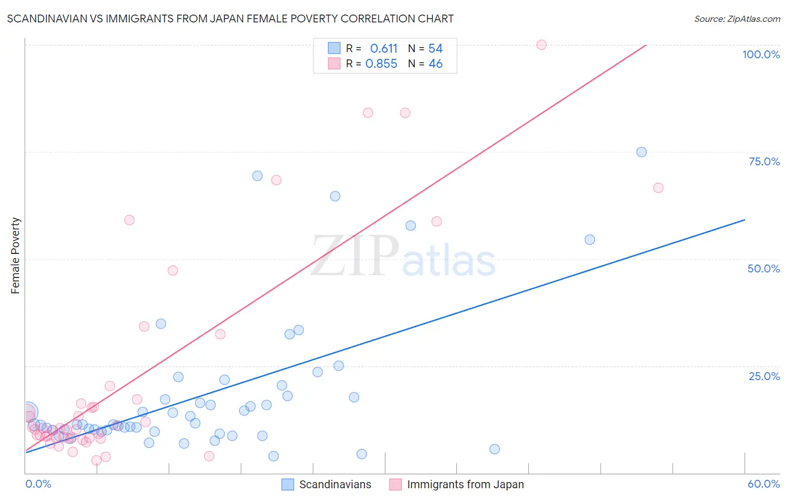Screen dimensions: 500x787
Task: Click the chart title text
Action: click(x=230, y=18)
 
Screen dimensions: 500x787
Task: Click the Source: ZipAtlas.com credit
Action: click(x=737, y=18)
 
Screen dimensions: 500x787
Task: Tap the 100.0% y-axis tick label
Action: click(x=761, y=54)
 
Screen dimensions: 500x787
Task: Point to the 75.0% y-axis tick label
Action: click(x=764, y=161)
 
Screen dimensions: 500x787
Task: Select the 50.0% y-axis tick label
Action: click(x=763, y=268)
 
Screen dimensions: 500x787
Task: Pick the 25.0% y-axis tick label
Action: click(x=764, y=376)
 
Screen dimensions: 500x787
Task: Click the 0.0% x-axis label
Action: click(x=38, y=484)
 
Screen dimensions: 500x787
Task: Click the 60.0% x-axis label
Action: click(x=763, y=484)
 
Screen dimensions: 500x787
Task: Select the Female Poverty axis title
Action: click(x=15, y=256)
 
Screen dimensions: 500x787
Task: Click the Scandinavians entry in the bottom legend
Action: click(x=335, y=484)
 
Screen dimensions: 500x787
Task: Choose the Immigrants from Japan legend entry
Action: click(x=465, y=484)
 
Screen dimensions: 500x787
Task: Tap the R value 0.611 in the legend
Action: click(x=383, y=49)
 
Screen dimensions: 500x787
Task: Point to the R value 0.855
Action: click(x=381, y=64)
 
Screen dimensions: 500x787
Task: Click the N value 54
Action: click(x=435, y=49)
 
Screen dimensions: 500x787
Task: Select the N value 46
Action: click(x=435, y=64)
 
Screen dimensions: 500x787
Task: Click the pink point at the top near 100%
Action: click(x=541, y=45)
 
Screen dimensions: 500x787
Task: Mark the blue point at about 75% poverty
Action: click(x=641, y=152)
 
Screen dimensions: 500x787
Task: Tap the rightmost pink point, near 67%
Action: click(x=658, y=188)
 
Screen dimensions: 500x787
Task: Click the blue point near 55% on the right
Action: click(x=589, y=239)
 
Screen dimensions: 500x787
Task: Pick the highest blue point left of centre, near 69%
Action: click(x=257, y=176)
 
